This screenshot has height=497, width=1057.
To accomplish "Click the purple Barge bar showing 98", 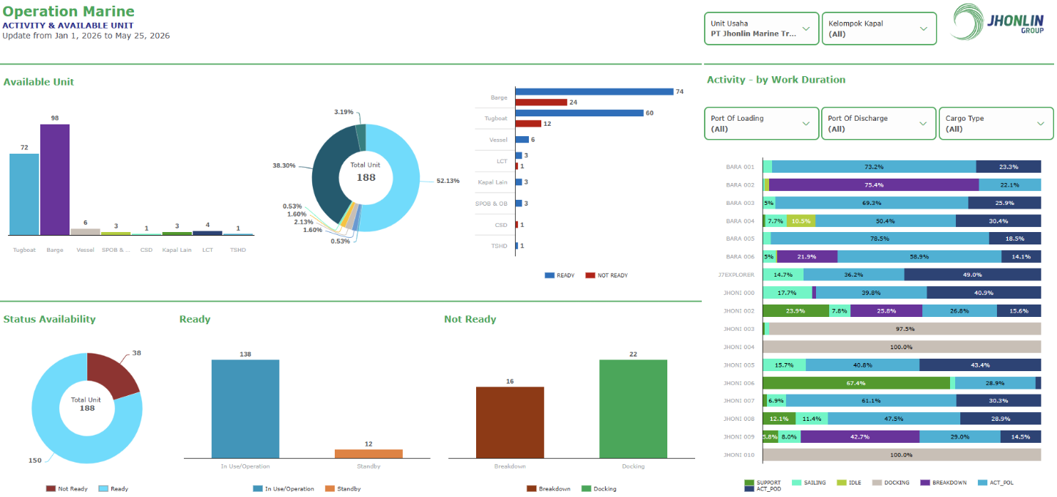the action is coord(55,179).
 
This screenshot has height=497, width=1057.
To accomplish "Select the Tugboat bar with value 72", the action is coord(24,194).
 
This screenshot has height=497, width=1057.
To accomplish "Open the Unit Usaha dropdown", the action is coord(761,29).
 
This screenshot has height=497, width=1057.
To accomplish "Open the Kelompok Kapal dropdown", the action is coord(878,29).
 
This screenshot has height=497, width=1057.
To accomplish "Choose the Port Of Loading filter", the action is coord(761,124).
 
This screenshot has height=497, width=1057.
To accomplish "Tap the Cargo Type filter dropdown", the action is coord(995,124).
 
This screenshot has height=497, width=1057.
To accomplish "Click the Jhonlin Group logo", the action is coord(998,22).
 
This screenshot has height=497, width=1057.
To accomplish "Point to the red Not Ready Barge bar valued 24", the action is coord(541,102).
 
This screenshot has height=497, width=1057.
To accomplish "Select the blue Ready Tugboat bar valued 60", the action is coord(579,113).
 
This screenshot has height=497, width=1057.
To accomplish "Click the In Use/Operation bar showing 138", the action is coord(245,409).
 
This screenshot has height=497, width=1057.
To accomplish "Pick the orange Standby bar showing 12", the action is coord(368,454).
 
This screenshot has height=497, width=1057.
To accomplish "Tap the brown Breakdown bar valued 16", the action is coord(510,422).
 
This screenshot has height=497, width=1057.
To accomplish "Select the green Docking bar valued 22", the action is coord(634,409).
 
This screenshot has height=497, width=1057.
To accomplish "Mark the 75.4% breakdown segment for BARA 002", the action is coord(873,185).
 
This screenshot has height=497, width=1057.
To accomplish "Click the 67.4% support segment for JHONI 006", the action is coord(856,383).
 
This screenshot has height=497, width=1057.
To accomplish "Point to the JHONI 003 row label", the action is coord(738,329).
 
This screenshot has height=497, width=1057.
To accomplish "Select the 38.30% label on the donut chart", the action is coord(284,165).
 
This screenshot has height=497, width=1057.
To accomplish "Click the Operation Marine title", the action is coord(68,11).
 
